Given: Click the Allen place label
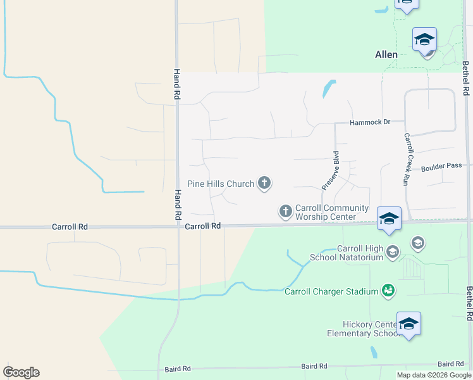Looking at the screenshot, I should click(386, 54).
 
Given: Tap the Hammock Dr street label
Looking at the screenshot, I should click(370, 122).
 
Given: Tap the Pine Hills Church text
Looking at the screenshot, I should click(221, 184).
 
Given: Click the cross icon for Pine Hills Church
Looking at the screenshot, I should click(264, 184).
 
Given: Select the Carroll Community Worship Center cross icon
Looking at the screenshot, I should click(286, 211).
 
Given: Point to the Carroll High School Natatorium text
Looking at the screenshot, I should click(346, 253).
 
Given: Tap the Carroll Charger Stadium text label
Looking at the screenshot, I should click(331, 292).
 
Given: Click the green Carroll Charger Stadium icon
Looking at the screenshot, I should click(389, 291).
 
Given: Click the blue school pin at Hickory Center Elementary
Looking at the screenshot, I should click(408, 324).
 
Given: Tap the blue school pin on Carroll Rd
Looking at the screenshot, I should click(389, 219).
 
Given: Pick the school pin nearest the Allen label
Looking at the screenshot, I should click(424, 40).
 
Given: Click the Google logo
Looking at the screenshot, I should click(21, 372).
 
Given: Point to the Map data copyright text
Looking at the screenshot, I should click(434, 375).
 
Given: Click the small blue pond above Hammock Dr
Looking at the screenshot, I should click(328, 89).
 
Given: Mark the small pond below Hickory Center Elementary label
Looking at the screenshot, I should click(374, 352).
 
